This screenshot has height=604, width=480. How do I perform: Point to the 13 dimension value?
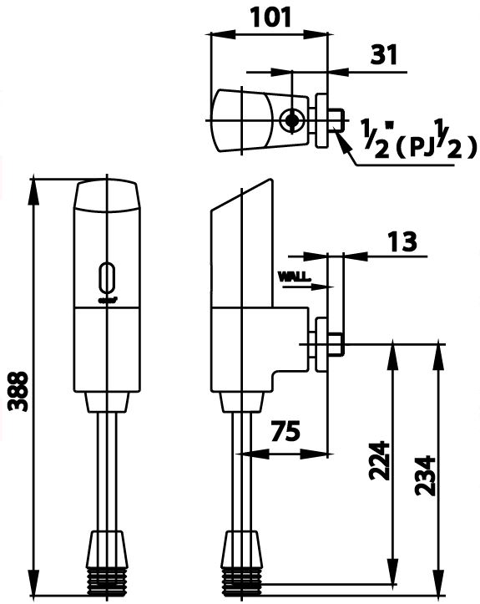tap(402, 242)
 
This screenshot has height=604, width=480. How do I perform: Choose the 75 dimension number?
tap(285, 433)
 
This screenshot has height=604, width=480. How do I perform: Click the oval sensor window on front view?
tap(105, 276)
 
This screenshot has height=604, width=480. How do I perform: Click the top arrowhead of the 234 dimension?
tap(436, 352)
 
